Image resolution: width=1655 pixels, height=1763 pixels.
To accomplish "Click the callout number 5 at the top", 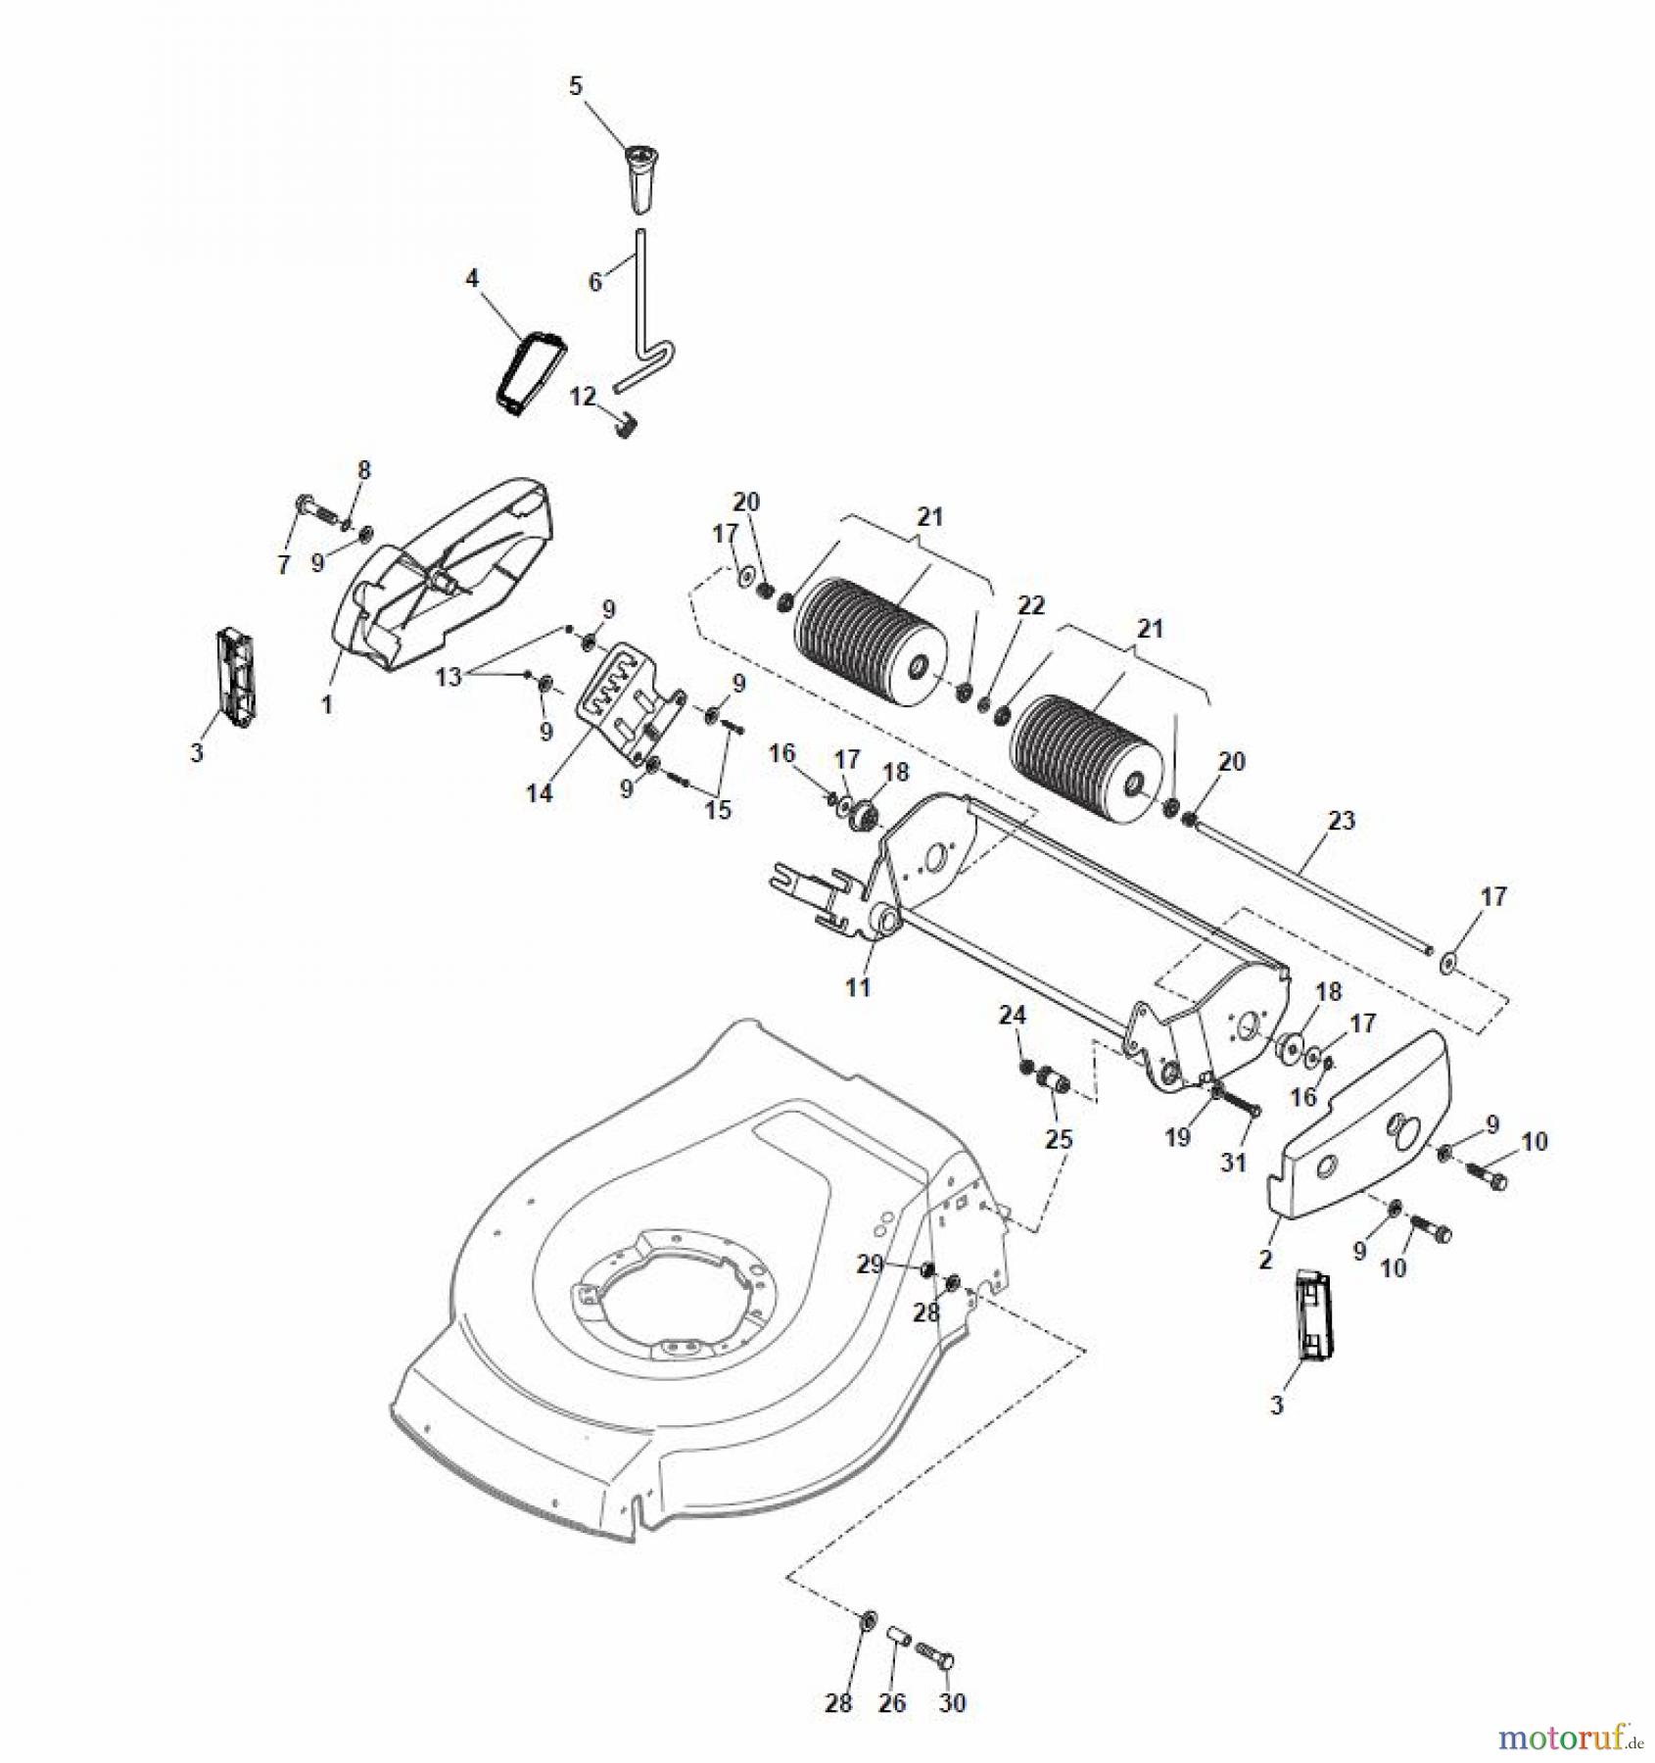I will [576, 86].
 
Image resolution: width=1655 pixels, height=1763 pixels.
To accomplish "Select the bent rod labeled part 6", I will [642, 294].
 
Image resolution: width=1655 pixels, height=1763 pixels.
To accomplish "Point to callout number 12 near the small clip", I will [584, 397].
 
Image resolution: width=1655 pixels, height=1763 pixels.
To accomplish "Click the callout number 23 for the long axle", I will [1341, 820].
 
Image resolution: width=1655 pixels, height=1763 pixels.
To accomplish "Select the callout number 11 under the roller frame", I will [858, 987].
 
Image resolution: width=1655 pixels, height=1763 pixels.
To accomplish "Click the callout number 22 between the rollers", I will [1031, 606].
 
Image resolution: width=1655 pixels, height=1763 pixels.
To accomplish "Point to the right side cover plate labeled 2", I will [1361, 1136].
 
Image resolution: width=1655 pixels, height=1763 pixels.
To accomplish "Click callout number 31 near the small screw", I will [1233, 1162].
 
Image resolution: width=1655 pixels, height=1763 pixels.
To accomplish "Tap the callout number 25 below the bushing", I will [1059, 1139].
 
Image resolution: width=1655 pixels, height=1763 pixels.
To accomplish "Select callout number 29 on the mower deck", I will [871, 1264].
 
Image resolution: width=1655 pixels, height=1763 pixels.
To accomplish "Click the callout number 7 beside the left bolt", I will [284, 565].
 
